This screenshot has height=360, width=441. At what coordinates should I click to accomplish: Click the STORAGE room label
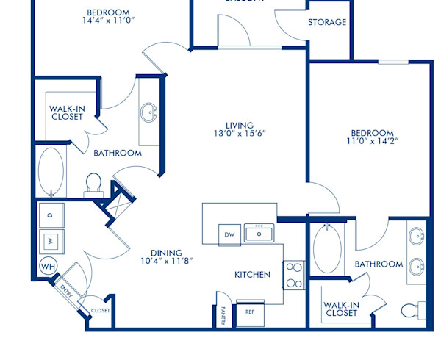tap(327, 22)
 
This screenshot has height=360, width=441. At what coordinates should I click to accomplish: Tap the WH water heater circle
tap(48, 266)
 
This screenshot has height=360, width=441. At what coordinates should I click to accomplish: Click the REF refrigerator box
tap(250, 312)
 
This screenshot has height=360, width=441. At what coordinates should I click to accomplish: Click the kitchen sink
tap(259, 234)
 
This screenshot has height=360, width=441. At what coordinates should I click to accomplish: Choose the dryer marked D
tap(51, 215)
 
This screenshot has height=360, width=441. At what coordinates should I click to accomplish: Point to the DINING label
tap(167, 253)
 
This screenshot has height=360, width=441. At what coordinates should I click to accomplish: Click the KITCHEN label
tap(252, 275)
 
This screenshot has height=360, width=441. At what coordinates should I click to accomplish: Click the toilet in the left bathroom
tap(93, 183)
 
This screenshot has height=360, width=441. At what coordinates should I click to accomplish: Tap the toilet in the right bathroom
tap(412, 311)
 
